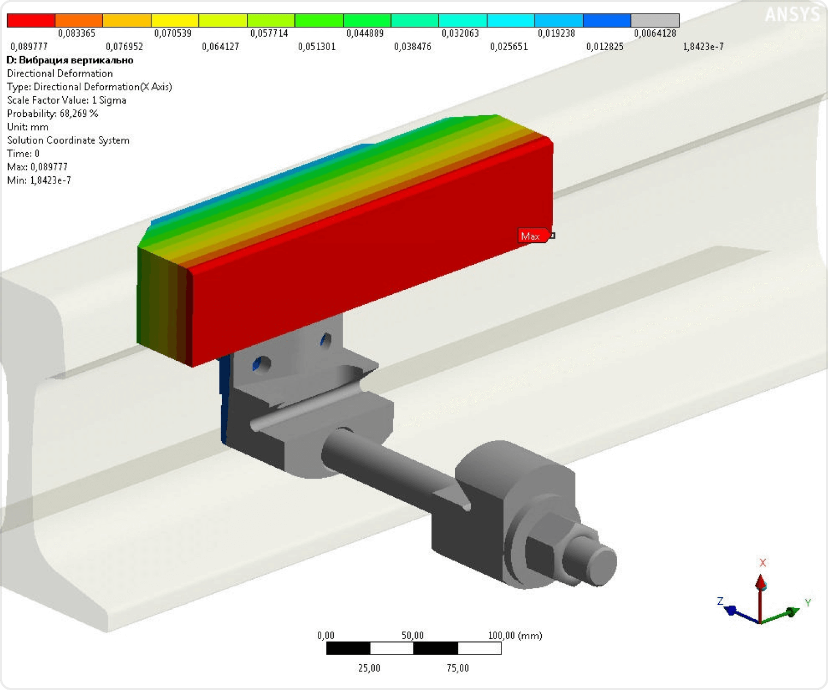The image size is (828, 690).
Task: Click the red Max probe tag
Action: (534, 236)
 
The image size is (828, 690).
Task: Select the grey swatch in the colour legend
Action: (655, 20)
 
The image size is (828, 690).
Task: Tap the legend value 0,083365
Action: (76, 33)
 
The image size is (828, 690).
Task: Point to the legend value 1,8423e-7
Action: (703, 47)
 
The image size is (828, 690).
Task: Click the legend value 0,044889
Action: (365, 33)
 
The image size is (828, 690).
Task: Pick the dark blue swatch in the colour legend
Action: (607, 20)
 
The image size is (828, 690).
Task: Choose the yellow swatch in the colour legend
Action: (175, 20)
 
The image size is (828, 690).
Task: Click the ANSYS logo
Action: (792, 15)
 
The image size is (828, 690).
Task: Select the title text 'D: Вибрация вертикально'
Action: (70, 60)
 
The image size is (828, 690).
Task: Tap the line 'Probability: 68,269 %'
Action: (53, 114)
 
